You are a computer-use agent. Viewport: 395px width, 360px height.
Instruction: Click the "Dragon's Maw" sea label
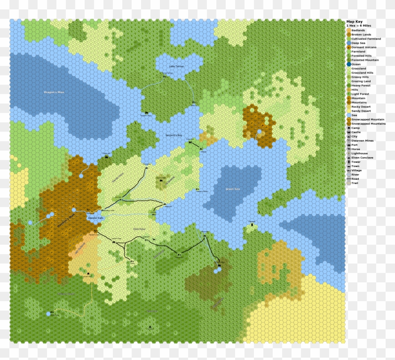point(53,92)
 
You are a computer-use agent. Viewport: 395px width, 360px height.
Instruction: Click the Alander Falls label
point(92,218)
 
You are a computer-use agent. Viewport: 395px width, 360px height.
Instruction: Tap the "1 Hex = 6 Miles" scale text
point(359,26)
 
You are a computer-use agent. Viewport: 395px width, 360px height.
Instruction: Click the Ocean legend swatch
point(349,64)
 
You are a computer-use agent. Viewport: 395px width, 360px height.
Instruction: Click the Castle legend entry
point(356,132)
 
